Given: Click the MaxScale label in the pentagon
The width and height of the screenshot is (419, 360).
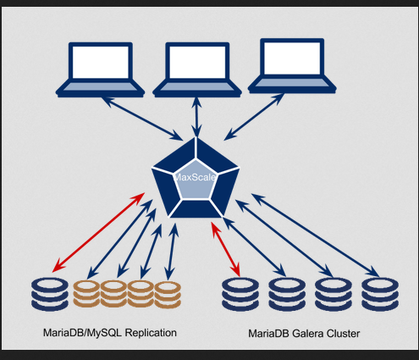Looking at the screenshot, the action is [196, 177].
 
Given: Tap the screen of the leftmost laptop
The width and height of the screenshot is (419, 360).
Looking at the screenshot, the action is [101, 62].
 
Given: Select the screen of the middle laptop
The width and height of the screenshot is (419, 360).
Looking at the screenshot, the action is [197, 62].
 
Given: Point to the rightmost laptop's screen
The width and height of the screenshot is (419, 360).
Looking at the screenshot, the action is [292, 58].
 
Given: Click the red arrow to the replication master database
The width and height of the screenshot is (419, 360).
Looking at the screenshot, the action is [99, 232].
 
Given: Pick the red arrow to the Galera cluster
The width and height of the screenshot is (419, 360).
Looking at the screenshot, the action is [226, 249].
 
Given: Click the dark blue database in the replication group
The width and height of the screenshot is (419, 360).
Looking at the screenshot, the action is [50, 294].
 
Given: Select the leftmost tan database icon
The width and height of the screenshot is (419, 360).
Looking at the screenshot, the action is [87, 294].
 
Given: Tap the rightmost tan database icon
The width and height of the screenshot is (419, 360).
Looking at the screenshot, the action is [168, 295].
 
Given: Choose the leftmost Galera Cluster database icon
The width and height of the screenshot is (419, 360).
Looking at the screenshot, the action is [240, 294].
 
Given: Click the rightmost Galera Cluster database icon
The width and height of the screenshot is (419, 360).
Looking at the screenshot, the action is [380, 294].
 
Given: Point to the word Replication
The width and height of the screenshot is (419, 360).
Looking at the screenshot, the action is [151, 333].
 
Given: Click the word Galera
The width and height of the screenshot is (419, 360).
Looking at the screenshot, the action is [307, 334].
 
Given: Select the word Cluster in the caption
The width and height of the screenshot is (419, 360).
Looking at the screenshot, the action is [343, 334].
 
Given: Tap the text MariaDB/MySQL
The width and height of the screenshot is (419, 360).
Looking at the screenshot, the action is [82, 333].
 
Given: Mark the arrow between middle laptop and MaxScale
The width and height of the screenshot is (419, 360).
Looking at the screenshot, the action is [196, 118].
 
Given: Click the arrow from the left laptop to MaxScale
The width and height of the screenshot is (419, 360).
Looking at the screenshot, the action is [142, 119].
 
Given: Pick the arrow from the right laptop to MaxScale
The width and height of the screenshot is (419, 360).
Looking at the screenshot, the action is [254, 117].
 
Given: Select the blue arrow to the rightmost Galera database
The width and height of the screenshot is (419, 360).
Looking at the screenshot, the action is [315, 235].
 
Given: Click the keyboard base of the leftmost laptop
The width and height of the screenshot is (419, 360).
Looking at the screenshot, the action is [101, 88].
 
